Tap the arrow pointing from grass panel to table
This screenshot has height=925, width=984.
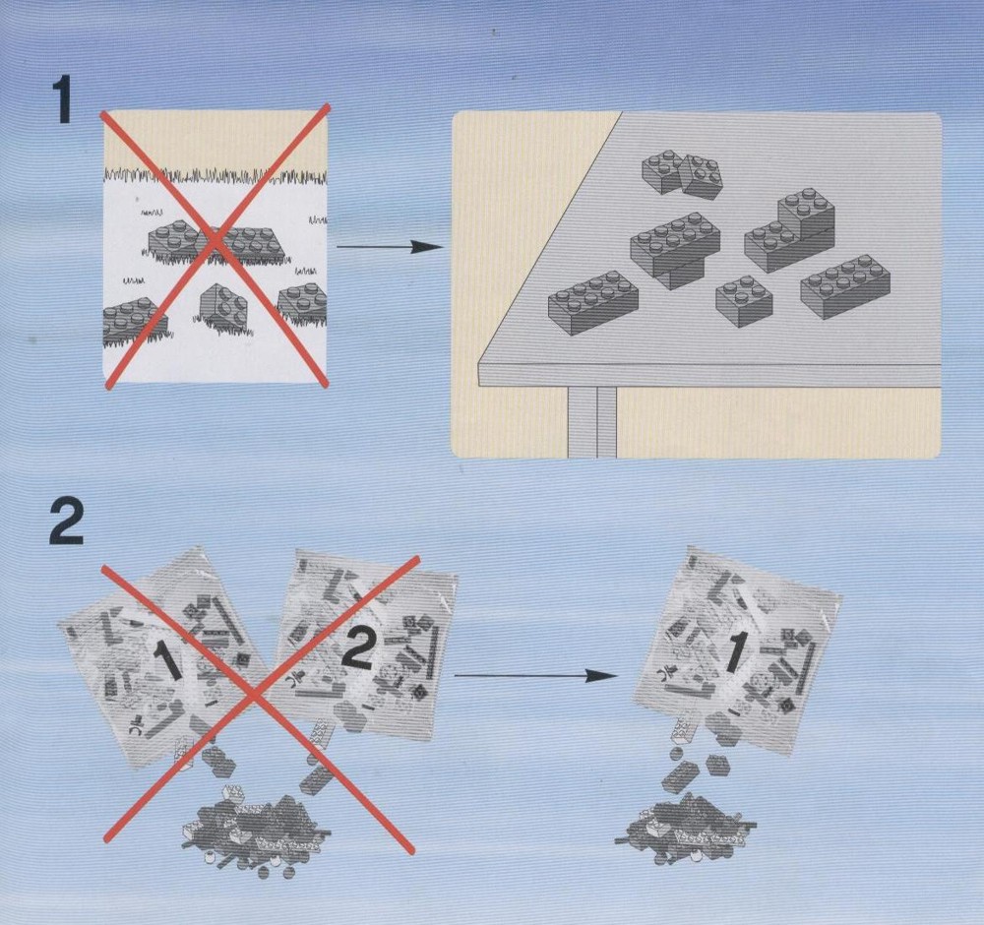[x=389, y=247]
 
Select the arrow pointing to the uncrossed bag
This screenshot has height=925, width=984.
[x=535, y=675]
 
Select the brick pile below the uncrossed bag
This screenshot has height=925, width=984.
[x=685, y=829]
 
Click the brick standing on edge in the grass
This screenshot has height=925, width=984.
[x=224, y=306]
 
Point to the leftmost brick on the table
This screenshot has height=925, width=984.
[x=593, y=302]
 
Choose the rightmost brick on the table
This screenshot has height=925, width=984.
[x=844, y=286]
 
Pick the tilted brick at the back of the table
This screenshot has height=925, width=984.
[x=701, y=177]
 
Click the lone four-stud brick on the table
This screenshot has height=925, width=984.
[x=744, y=302]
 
